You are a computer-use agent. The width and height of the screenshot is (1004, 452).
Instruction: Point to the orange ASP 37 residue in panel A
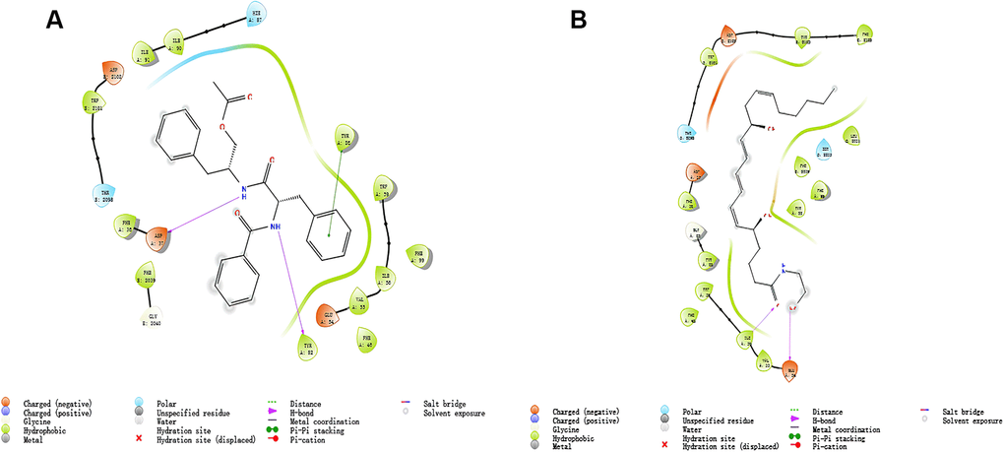(x=156, y=237)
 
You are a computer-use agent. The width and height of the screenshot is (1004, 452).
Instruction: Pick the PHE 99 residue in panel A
(x=417, y=258)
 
